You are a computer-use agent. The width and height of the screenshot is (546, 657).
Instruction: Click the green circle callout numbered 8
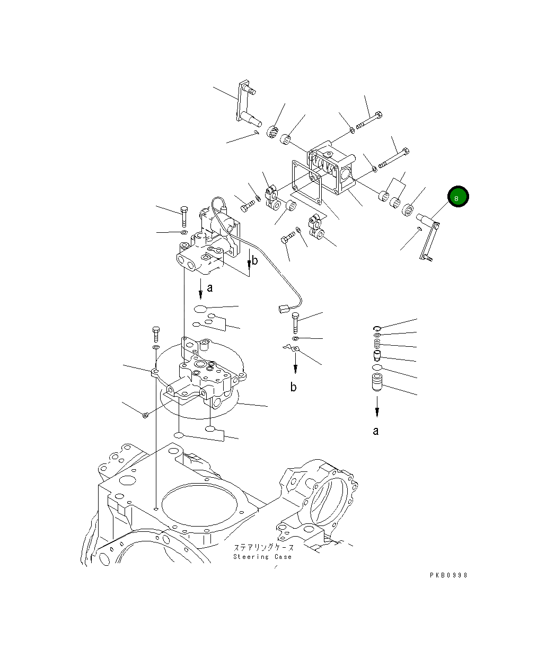click(457, 197)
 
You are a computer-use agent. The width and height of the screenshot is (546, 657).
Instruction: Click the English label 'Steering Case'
click(262, 557)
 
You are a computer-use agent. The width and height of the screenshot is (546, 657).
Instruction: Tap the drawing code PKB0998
click(448, 575)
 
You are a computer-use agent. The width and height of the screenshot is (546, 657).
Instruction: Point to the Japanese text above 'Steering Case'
click(263, 547)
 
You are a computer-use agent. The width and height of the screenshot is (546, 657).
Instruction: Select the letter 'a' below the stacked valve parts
click(376, 431)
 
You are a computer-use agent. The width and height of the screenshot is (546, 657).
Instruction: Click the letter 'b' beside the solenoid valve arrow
click(255, 260)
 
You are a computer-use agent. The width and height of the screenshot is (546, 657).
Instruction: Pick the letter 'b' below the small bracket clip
click(293, 387)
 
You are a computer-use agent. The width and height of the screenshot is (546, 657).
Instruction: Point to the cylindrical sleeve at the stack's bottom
click(376, 383)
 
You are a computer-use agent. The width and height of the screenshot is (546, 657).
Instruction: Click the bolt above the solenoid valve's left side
click(183, 216)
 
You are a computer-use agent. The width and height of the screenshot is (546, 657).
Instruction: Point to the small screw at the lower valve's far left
click(145, 415)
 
